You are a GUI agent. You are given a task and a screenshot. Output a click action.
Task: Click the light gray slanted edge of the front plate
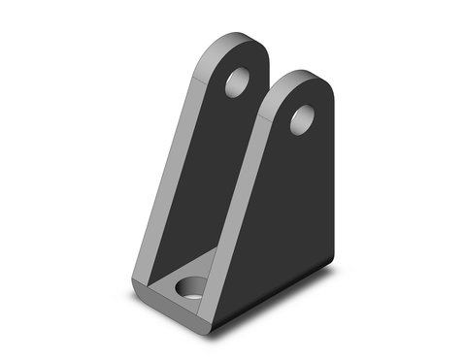[239, 194]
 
